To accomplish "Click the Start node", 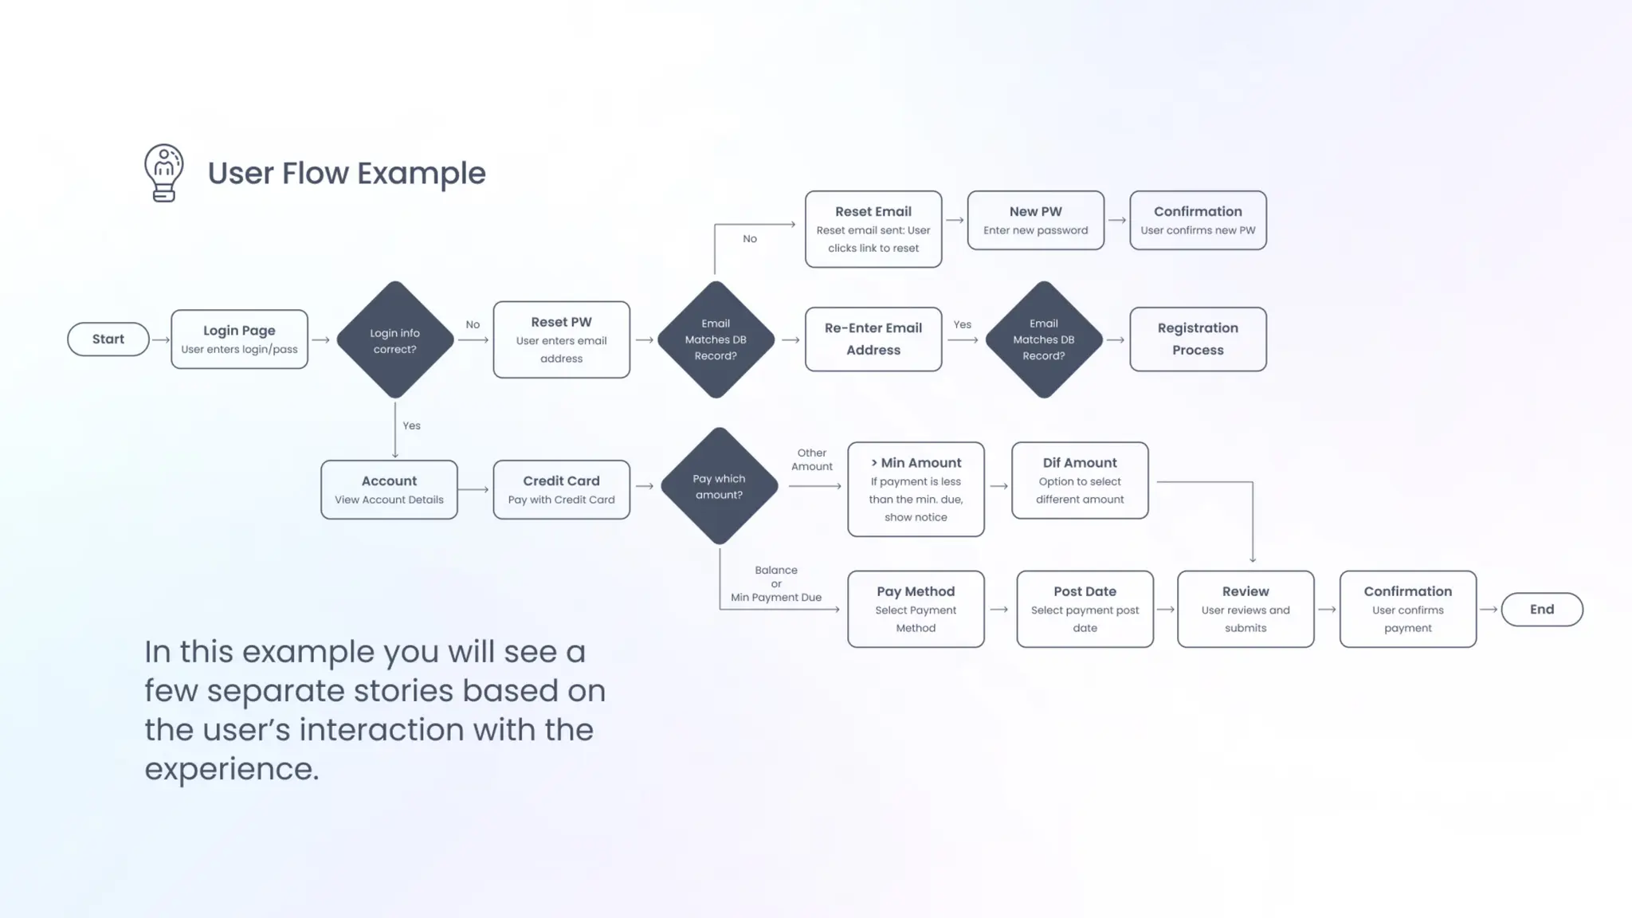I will pyautogui.click(x=108, y=339).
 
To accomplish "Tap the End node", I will pyautogui.click(x=1542, y=610).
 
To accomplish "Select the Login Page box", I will pyautogui.click(x=239, y=339).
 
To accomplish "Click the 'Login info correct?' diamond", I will pyautogui.click(x=395, y=340).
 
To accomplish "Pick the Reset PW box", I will pyautogui.click(x=561, y=339).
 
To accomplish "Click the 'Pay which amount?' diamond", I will pyautogui.click(x=719, y=486).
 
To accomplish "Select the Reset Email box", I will pyautogui.click(x=873, y=229).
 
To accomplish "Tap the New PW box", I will pyautogui.click(x=1035, y=221).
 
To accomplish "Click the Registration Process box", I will pyautogui.click(x=1198, y=339).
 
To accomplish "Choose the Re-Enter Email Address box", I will pyautogui.click(x=873, y=339).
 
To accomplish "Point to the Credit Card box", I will pyautogui.click(x=561, y=489).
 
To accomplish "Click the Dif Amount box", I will pyautogui.click(x=1080, y=481).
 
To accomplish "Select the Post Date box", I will pyautogui.click(x=1085, y=609).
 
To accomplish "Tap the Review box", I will pyautogui.click(x=1246, y=609).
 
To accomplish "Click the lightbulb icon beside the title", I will pyautogui.click(x=164, y=173).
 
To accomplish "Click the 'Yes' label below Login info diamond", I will pyautogui.click(x=411, y=426).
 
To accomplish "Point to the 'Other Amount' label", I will pyautogui.click(x=811, y=460).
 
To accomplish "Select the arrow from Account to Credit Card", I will pyautogui.click(x=475, y=489).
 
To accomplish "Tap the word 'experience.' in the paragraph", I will pyautogui.click(x=232, y=769).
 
